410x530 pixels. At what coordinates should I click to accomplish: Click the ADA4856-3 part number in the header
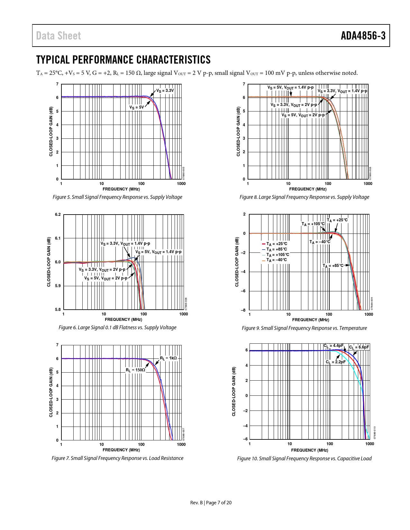363,36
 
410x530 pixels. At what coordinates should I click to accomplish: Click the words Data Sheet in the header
59,36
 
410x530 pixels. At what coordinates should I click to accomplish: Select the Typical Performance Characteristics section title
123,60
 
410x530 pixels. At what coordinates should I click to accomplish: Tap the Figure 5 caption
117,197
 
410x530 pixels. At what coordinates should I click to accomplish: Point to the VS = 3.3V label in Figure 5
165,91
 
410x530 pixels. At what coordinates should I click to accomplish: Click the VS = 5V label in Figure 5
137,107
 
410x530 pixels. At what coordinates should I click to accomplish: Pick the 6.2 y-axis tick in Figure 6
58,215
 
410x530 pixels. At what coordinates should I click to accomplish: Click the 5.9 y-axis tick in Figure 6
58,286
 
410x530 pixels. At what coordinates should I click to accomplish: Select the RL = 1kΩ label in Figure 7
168,358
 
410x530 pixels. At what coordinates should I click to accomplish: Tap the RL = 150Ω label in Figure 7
135,370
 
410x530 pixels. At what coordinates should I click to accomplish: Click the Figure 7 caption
117,458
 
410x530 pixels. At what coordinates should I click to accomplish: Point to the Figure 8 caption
304,197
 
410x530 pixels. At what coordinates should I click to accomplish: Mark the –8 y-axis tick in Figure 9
243,310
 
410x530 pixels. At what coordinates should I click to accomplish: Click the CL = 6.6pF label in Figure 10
359,347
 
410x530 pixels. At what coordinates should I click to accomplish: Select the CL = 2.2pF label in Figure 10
335,362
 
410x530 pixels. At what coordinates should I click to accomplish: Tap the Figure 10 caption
304,459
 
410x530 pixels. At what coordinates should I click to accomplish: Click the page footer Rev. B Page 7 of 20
211,503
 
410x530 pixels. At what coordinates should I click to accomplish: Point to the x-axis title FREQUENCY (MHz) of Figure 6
123,320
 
